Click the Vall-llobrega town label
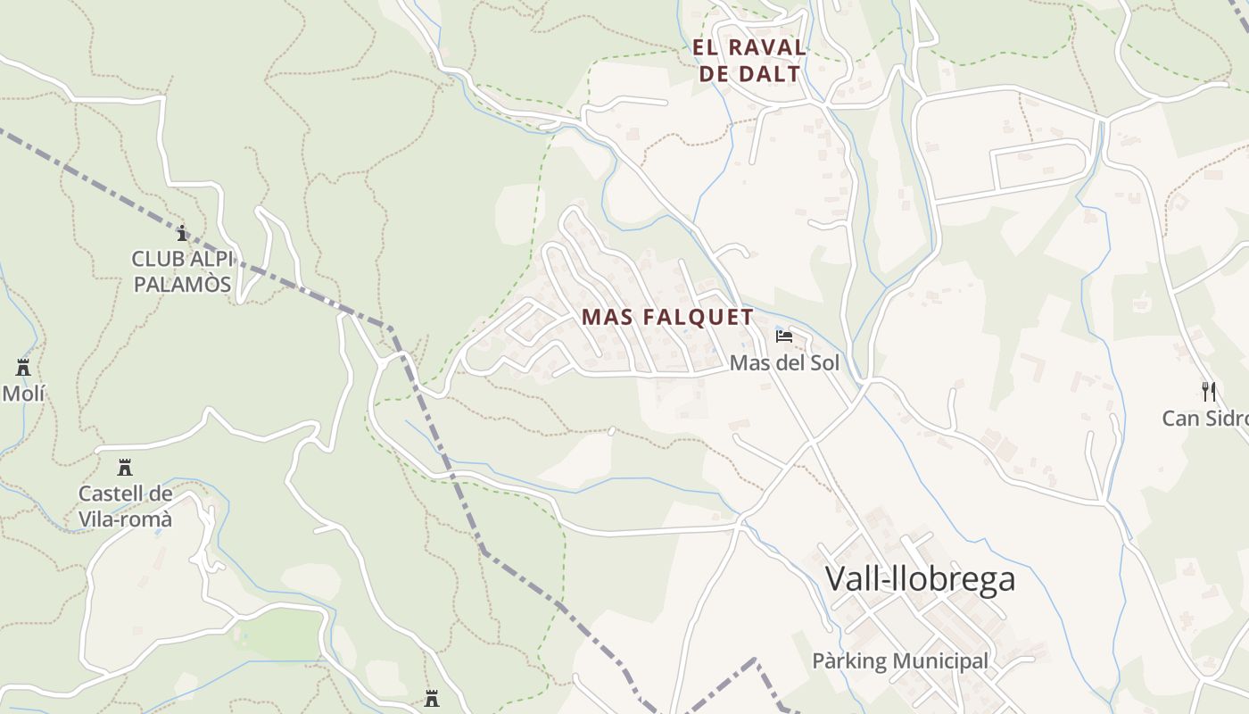coord(920,579)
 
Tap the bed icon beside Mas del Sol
coord(784,336)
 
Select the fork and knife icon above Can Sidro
coord(1209,391)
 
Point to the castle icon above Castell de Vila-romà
coord(125,468)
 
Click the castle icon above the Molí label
coord(23,368)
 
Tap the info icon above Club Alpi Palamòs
coord(182,234)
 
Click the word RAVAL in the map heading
coord(767,47)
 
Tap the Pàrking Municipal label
coord(900,661)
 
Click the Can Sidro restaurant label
coord(1204,418)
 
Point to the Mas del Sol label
coord(785,363)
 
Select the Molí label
coord(23,393)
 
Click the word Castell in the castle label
coord(112,494)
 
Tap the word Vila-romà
coord(125,519)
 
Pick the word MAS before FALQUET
coord(608,317)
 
